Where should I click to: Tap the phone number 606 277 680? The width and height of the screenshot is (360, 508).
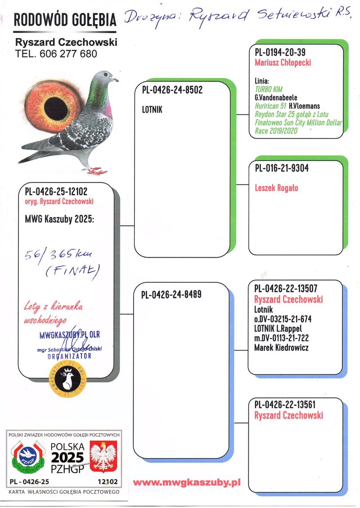[68, 54]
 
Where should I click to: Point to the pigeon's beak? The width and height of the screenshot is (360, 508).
[116, 80]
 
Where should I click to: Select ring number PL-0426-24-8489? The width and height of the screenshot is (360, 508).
[171, 295]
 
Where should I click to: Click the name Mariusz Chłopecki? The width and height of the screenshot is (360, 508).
[283, 63]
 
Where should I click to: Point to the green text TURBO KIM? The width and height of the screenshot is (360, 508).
[269, 89]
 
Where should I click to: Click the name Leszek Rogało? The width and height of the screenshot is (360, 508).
[276, 188]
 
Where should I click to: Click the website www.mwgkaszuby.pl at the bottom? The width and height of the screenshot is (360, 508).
[187, 482]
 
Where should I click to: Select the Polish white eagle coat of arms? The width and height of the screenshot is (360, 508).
[103, 456]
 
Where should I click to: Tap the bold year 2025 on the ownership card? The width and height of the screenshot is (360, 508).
[67, 458]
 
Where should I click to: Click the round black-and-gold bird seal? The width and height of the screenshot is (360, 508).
[68, 379]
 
